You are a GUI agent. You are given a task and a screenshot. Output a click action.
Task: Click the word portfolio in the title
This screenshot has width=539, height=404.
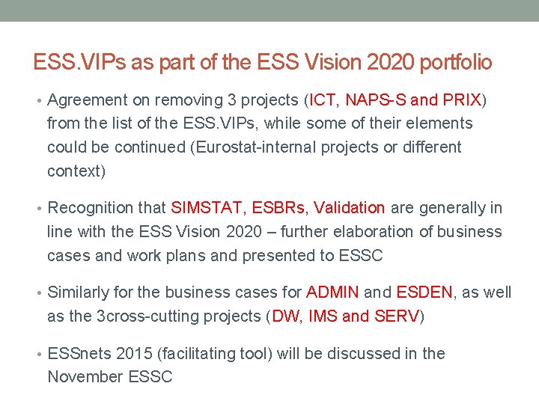(455, 62)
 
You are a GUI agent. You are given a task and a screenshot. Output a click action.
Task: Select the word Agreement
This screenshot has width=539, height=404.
(90, 100)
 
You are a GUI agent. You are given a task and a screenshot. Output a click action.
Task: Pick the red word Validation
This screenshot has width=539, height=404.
(350, 208)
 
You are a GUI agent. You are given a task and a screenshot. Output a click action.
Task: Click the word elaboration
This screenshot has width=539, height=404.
(356, 232)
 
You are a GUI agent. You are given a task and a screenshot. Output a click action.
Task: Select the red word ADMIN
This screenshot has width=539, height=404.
(332, 293)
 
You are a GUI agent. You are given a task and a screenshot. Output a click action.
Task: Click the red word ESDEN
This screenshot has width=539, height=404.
(424, 293)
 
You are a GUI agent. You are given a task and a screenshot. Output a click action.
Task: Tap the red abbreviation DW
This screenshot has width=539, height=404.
(285, 316)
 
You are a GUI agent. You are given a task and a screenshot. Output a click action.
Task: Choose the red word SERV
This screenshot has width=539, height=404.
(398, 316)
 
